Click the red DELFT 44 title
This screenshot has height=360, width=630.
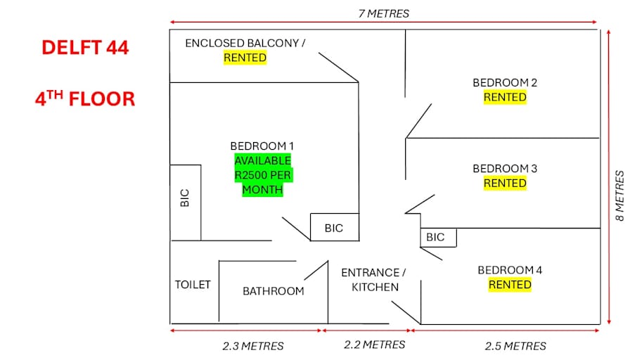[x=85, y=47]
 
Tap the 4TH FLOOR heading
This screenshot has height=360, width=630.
[x=85, y=98]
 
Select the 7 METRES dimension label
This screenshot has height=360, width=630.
[x=384, y=13]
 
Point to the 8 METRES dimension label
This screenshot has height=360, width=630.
[x=619, y=195]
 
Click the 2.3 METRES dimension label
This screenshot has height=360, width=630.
[x=253, y=346]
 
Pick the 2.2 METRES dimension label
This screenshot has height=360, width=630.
[x=375, y=345]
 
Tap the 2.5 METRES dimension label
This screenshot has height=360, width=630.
[x=515, y=346]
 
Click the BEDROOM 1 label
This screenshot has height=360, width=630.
[x=262, y=146]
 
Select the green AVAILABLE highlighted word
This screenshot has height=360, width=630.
[x=263, y=161]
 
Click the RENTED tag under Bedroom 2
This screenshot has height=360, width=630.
[x=505, y=97]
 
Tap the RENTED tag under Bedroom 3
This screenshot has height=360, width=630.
[x=505, y=184]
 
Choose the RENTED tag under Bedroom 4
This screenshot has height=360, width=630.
[x=510, y=285]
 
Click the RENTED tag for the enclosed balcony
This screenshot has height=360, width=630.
[x=245, y=58]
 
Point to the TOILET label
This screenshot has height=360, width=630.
[x=193, y=285]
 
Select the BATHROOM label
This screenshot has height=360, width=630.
[x=274, y=291]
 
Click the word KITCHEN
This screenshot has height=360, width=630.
[x=375, y=288]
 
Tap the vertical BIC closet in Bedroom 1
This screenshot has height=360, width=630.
[x=186, y=202]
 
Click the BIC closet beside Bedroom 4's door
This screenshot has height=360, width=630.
[x=438, y=238]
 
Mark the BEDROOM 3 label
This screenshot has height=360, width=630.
[x=505, y=168]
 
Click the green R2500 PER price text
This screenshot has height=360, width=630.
[x=263, y=175]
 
